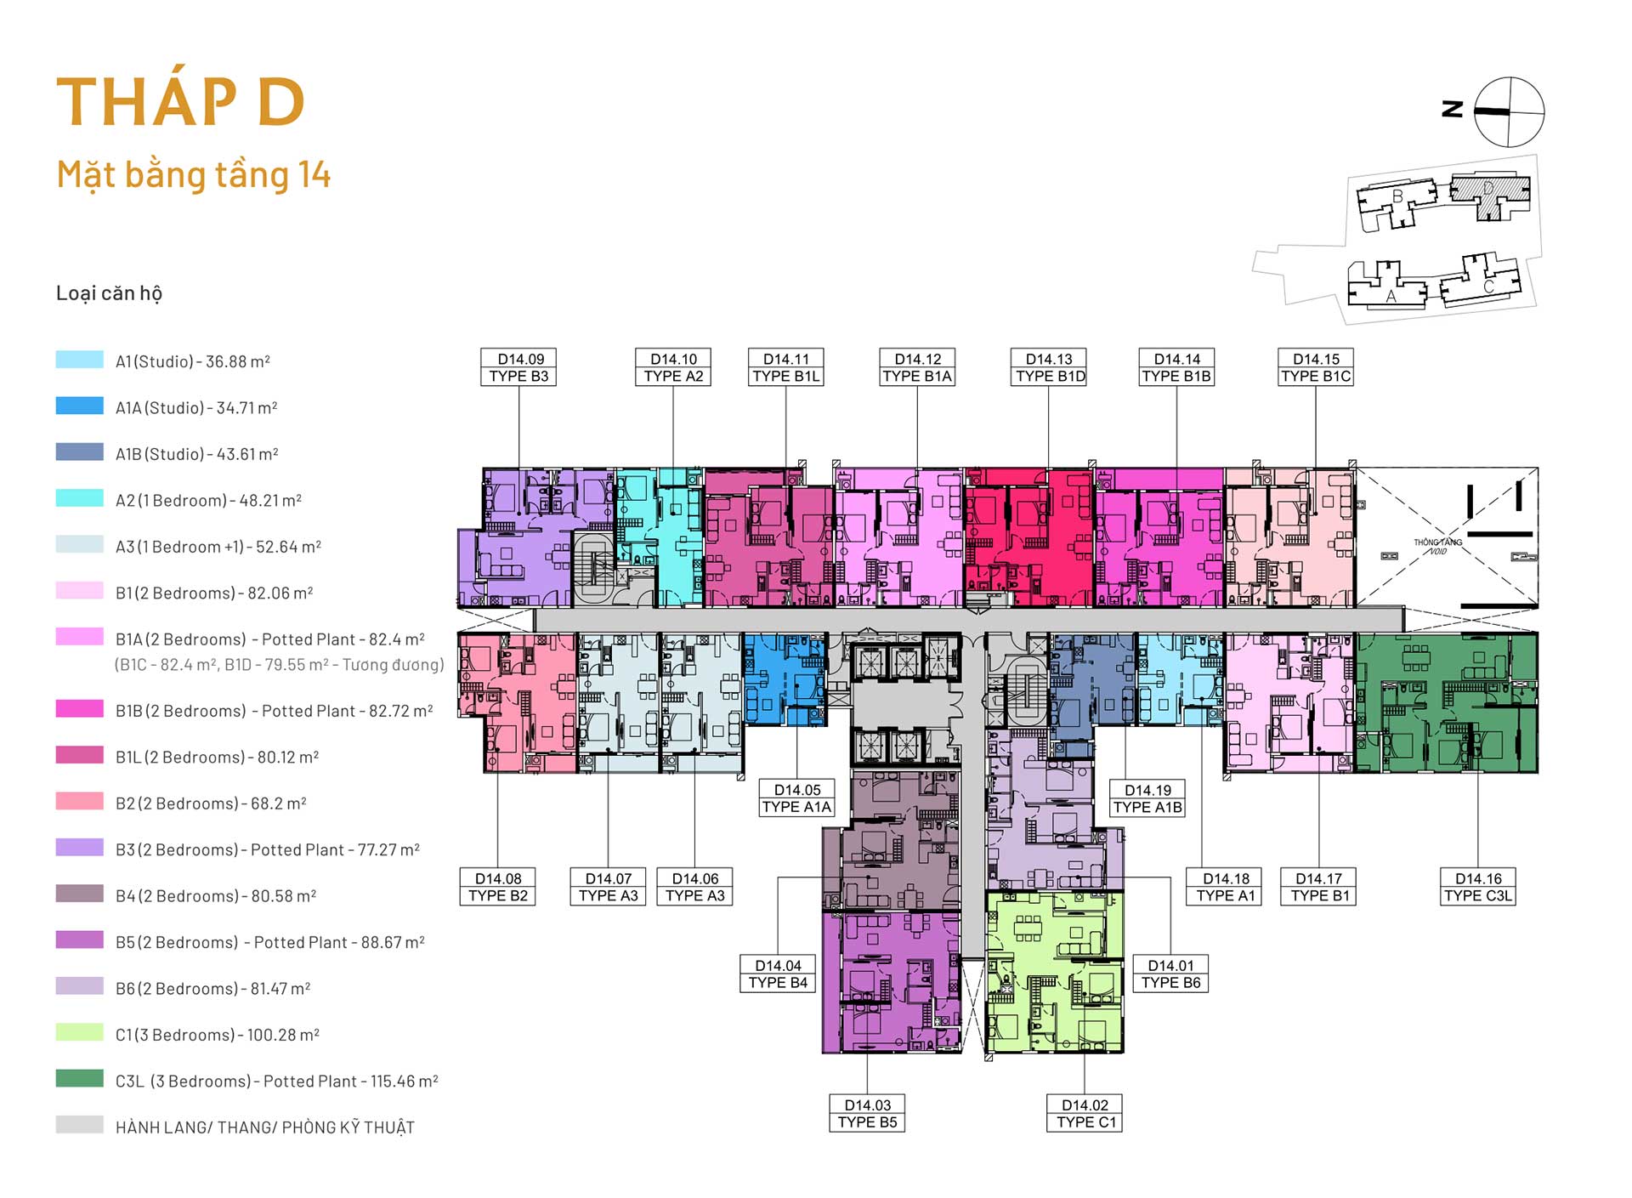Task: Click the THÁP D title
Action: pyautogui.click(x=180, y=102)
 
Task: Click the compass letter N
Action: pyautogui.click(x=1453, y=109)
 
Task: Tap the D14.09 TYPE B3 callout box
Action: pyautogui.click(x=518, y=367)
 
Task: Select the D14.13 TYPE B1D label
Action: pyautogui.click(x=1050, y=367)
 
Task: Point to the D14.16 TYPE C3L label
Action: pyautogui.click(x=1478, y=887)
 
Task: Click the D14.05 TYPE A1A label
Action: pyautogui.click(x=796, y=798)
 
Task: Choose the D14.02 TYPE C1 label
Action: pyautogui.click(x=1085, y=1113)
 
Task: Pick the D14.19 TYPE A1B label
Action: pyautogui.click(x=1147, y=798)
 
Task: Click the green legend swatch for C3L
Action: pyautogui.click(x=80, y=1078)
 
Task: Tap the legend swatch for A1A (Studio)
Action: pyautogui.click(x=80, y=406)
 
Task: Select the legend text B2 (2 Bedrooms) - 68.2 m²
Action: pyautogui.click(x=211, y=803)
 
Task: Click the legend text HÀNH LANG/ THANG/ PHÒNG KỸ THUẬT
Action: pyautogui.click(x=265, y=1127)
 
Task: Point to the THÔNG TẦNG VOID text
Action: pyautogui.click(x=1437, y=546)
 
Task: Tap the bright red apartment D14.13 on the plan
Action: pyautogui.click(x=1028, y=537)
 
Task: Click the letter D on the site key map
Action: pyautogui.click(x=1488, y=188)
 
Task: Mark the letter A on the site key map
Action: pyautogui.click(x=1391, y=297)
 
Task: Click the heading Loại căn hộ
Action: pyautogui.click(x=109, y=293)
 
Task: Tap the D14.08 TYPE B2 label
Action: pyautogui.click(x=497, y=887)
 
